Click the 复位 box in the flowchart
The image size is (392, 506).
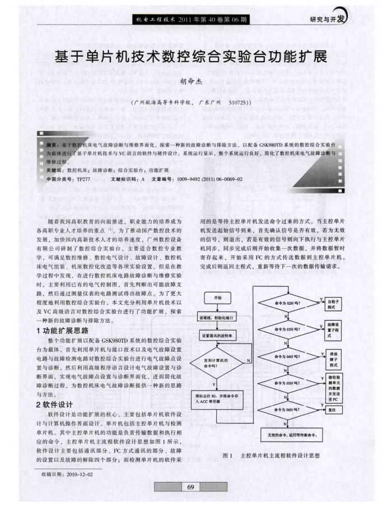(x=333, y=410)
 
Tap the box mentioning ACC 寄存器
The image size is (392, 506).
(x=217, y=398)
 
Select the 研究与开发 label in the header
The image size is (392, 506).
(x=327, y=20)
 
